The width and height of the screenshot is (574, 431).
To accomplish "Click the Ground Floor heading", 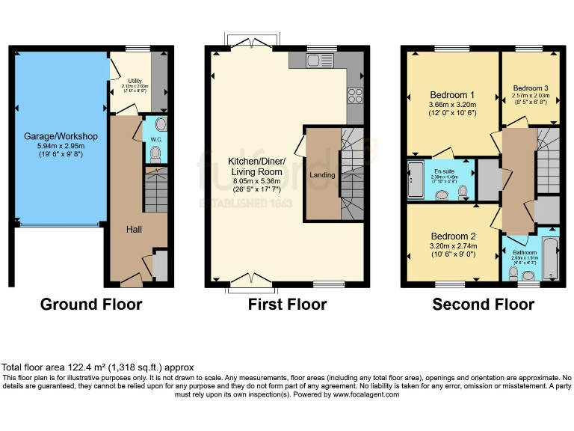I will pyautogui.click(x=91, y=305).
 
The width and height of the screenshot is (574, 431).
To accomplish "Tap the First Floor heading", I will pyautogui.click(x=288, y=305).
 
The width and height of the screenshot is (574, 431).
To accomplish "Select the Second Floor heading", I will pyautogui.click(x=484, y=305).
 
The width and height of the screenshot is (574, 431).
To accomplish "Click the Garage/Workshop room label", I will pyautogui.click(x=61, y=136).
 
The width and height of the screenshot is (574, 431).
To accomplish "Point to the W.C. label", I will pyautogui.click(x=156, y=138).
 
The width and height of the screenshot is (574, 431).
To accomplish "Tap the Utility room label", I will pyautogui.click(x=135, y=81).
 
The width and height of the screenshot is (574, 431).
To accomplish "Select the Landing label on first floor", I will pyautogui.click(x=323, y=175).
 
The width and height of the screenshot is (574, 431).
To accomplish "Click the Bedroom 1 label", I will pyautogui.click(x=452, y=94).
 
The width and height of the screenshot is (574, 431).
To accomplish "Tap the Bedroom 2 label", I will pyautogui.click(x=452, y=236).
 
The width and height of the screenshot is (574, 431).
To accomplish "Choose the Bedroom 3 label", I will pyautogui.click(x=531, y=88).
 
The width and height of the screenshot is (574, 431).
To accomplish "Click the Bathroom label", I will pyautogui.click(x=525, y=253).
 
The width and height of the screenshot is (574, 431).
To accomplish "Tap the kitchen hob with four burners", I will pyautogui.click(x=354, y=96).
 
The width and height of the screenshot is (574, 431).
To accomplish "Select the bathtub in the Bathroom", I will pyautogui.click(x=550, y=258).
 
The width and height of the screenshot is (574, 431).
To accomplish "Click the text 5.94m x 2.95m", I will pyautogui.click(x=61, y=147).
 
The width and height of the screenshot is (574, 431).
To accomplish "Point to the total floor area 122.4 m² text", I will pyautogui.click(x=97, y=367).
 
